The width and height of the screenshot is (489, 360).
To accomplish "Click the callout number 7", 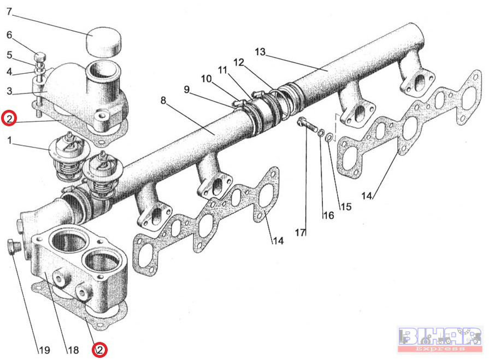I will coord(8,12).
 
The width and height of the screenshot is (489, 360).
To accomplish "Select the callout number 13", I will coord(260,52).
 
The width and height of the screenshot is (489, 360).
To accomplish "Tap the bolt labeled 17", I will coord(305,123).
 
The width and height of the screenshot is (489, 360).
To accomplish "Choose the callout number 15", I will coord(345,206).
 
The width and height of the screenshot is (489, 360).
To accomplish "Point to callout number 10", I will coord(206,79).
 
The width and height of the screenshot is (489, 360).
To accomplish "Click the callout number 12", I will coord(238,62).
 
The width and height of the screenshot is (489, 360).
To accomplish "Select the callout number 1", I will coord(8,140).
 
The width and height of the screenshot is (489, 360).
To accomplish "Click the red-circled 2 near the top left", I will coord(9,118).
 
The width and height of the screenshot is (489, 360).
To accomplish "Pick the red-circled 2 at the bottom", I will coord(99,350).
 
